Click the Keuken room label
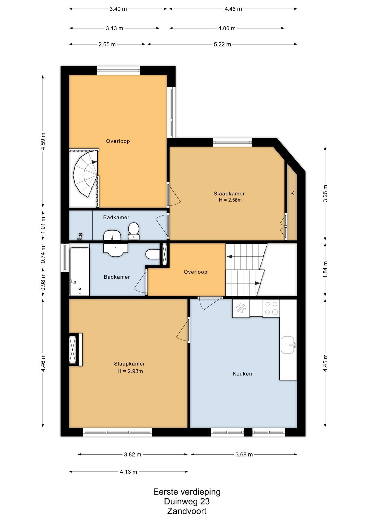click(242, 374)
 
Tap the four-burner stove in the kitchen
click(271, 308)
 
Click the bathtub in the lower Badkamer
click(80, 271)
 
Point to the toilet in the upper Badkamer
click(134, 231)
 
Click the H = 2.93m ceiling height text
click(130, 371)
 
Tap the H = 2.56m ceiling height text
click(230, 200)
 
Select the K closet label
click(292, 193)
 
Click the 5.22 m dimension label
click(222, 44)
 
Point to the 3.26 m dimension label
click(325, 193)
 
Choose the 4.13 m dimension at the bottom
click(128, 472)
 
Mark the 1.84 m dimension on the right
click(325, 270)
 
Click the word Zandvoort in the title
click(187, 511)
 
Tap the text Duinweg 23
click(187, 501)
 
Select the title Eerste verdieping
click(187, 492)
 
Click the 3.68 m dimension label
click(244, 455)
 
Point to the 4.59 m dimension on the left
click(43, 141)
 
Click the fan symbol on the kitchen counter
click(241, 308)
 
